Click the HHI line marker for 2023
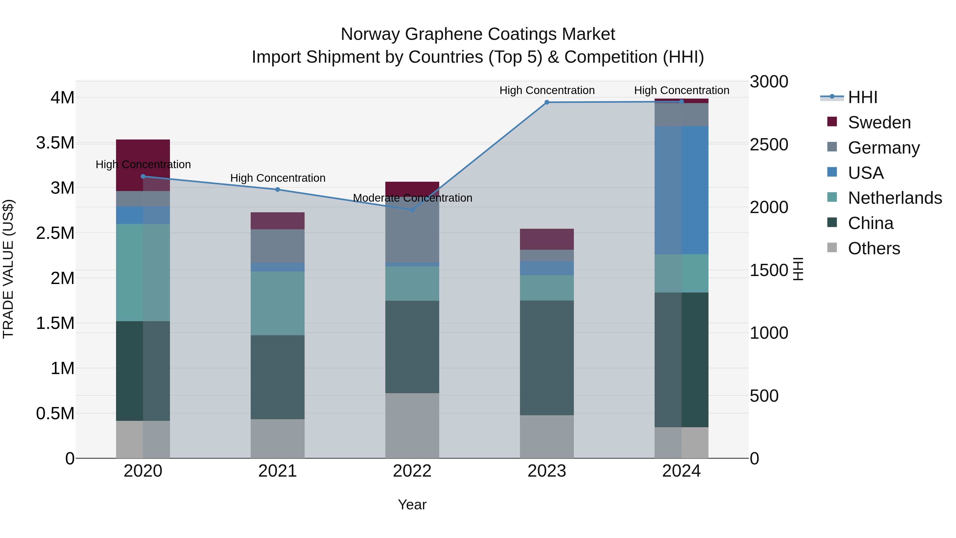point(547,102)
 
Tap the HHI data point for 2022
point(412,210)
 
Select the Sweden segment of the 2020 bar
point(143,152)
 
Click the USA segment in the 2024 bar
point(681,190)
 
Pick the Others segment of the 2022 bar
point(412,426)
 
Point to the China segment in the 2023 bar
point(547,358)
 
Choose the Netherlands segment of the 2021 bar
point(278,303)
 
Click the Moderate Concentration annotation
point(412,198)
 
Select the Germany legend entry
point(883,148)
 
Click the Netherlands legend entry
point(894,198)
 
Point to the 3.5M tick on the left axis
point(55,143)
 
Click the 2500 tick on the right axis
point(769,145)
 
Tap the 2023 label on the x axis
point(547,471)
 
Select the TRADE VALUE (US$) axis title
point(8,269)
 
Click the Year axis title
point(412,505)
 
